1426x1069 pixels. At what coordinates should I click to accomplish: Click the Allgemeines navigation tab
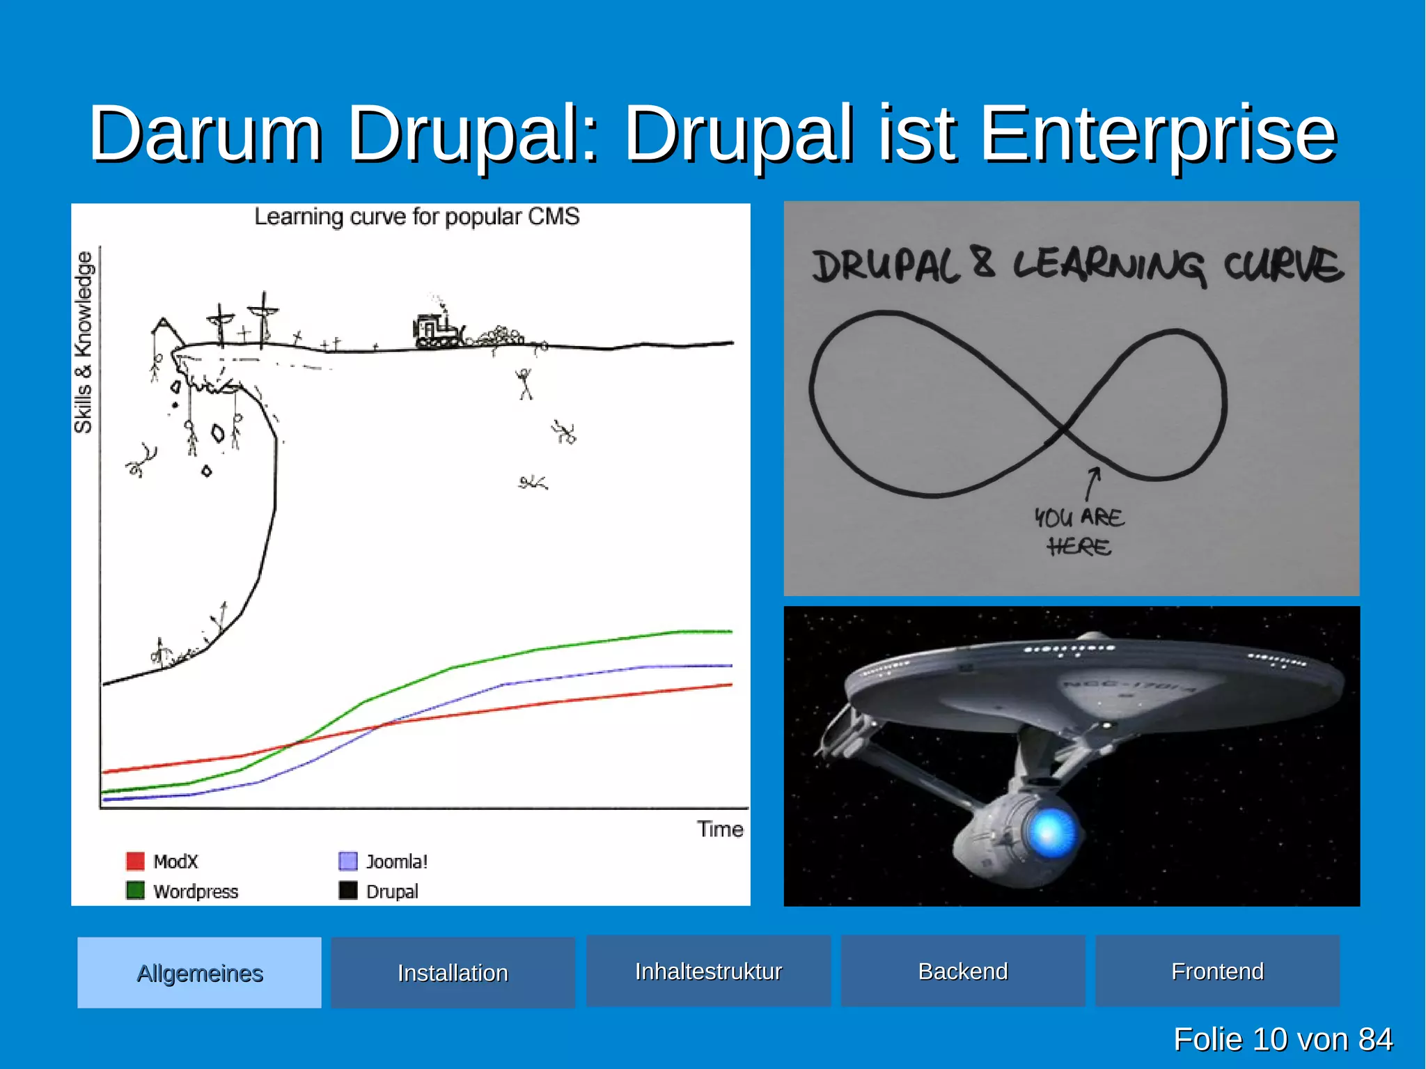[x=199, y=973]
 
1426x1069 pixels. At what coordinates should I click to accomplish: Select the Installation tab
[x=453, y=973]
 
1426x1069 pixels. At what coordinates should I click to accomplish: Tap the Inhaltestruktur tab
[x=708, y=972]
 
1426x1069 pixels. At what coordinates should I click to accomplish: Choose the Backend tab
[x=963, y=972]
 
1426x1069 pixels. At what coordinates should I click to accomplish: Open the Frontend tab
[x=1217, y=972]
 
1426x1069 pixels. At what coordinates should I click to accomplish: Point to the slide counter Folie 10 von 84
[x=1283, y=1040]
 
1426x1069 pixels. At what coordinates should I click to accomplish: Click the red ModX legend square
[x=135, y=861]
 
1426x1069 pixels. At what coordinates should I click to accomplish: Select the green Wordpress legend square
[x=135, y=891]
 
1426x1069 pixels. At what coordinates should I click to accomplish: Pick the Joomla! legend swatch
[x=348, y=861]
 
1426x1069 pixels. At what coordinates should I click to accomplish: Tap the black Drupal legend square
[x=348, y=891]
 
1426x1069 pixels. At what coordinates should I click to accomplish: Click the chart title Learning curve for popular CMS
[x=416, y=217]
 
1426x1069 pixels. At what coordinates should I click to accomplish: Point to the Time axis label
[x=720, y=829]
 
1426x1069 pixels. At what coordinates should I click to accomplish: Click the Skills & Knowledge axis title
[x=84, y=343]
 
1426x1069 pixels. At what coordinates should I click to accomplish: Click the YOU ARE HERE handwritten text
[x=1079, y=532]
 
